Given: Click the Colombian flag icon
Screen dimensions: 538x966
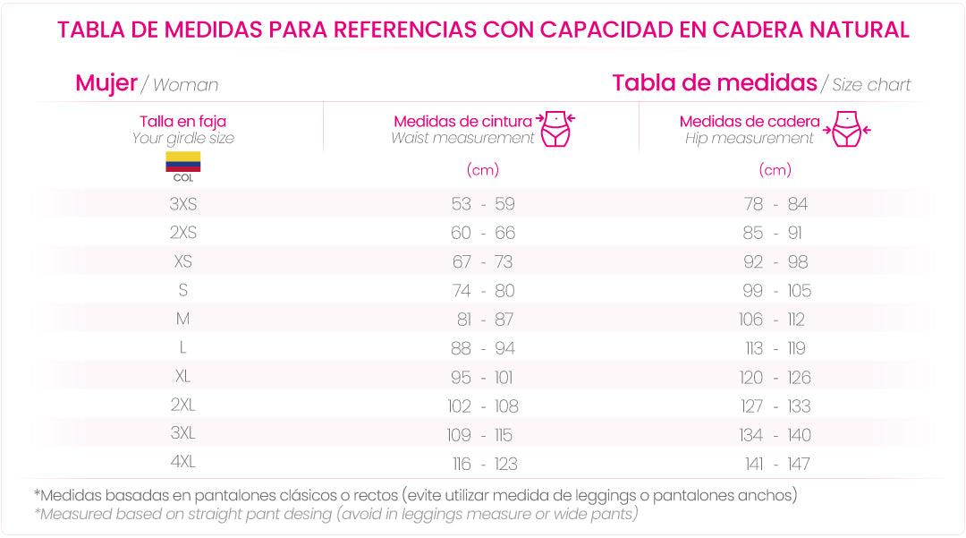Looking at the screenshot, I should click(x=182, y=162).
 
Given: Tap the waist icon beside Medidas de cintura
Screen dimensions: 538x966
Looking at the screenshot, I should click(x=556, y=129).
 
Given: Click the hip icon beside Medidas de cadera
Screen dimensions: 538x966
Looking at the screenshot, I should click(x=846, y=129).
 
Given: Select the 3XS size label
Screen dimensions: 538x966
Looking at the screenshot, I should click(x=182, y=204).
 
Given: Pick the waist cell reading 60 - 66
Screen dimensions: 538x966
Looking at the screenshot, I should click(x=483, y=233).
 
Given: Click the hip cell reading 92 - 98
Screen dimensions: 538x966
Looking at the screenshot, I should click(x=775, y=261).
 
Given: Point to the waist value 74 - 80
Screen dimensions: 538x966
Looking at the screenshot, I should click(x=483, y=291).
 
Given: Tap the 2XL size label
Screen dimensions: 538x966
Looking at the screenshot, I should click(x=182, y=406).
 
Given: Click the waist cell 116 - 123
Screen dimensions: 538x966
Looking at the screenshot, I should click(x=484, y=464).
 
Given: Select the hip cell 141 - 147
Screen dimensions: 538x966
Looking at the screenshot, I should click(x=776, y=464).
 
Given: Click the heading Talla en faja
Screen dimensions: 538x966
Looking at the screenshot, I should click(x=182, y=121).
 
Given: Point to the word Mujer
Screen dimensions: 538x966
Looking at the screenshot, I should click(x=106, y=83).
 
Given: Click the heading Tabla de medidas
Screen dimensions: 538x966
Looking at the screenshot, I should click(x=714, y=83).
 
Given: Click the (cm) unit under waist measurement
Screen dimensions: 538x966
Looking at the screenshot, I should click(x=483, y=169).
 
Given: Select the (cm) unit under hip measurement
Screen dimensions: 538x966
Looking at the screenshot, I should click(x=775, y=169).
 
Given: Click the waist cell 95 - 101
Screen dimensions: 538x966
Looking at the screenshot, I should click(x=483, y=377).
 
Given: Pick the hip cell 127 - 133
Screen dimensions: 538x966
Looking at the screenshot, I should click(x=775, y=406).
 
